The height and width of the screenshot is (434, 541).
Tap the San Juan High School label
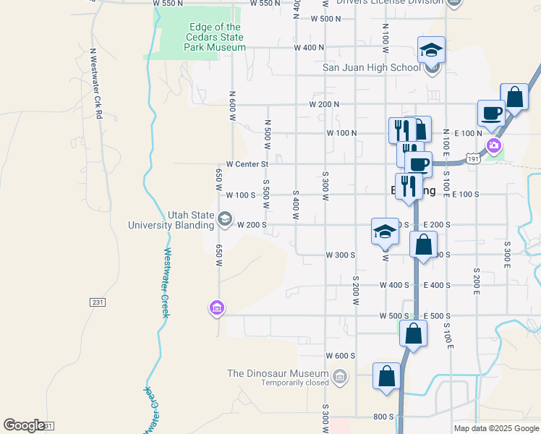(370, 68)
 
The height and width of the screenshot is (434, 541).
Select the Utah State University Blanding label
(171, 220)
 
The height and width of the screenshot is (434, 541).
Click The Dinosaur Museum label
(278, 373)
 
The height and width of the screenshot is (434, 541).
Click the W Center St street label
(242, 164)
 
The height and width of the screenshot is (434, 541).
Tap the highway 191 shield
(474, 158)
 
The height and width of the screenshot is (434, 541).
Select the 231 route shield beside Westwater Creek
(98, 302)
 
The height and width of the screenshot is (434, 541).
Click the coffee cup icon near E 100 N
(491, 114)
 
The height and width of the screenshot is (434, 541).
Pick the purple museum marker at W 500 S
(216, 309)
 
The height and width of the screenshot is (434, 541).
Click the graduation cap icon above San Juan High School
(431, 50)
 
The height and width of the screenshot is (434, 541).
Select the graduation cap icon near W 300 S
(385, 231)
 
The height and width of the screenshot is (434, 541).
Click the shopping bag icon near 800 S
(387, 376)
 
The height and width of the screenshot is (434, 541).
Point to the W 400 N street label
(309, 48)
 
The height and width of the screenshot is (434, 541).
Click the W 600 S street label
(340, 356)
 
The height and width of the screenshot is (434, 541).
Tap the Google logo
(24, 425)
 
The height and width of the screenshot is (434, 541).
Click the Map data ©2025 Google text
(495, 428)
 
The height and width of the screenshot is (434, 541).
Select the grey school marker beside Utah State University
(225, 219)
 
